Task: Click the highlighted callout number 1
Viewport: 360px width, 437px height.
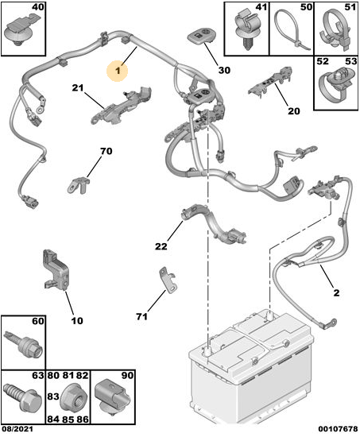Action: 118,70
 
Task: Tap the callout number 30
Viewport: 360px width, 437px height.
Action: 224,70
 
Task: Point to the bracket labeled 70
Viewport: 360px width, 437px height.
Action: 79,184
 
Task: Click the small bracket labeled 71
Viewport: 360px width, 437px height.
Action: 168,280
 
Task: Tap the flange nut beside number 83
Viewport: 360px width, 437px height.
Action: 75,397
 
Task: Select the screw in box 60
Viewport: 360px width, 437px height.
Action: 23,345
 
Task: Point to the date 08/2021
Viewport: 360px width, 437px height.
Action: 17,428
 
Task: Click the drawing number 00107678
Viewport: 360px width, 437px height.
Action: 339,428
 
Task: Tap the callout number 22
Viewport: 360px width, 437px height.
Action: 161,246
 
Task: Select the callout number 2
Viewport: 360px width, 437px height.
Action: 336,292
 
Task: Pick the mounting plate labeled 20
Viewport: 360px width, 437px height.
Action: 270,83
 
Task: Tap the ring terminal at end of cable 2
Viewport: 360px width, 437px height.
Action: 328,323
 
